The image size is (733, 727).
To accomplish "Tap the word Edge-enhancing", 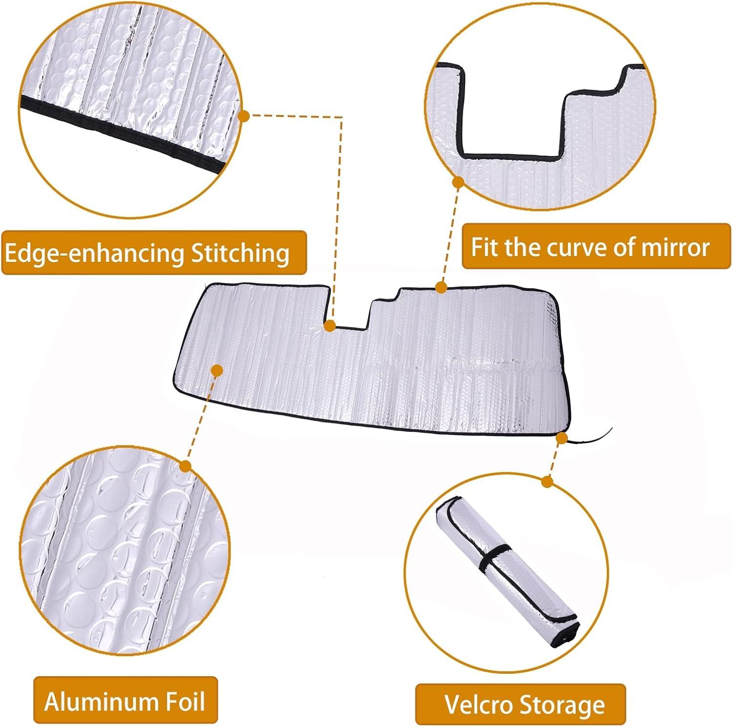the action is point(95,253).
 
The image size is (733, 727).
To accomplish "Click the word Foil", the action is point(181,702).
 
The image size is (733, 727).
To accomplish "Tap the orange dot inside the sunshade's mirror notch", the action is point(330,325).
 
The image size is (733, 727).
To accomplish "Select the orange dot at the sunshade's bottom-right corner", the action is point(562,438).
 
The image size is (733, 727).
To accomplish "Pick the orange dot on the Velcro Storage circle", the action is point(547,482).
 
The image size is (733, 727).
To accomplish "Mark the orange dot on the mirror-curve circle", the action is point(458,183).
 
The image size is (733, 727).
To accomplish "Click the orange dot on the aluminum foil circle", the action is point(185,466).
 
